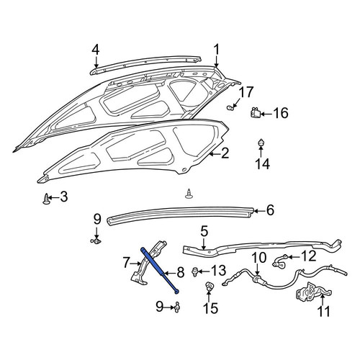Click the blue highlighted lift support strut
point(159,270)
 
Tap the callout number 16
point(281,113)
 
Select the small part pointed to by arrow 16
point(256,112)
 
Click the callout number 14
point(262,164)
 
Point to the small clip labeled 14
point(261,143)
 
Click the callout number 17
point(246,92)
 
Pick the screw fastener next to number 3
point(46,199)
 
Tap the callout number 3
point(63,197)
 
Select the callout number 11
point(324,311)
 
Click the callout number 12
point(309,256)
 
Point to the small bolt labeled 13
point(194,272)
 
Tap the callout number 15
point(211,308)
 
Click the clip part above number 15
point(208,287)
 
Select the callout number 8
point(180,272)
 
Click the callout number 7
point(127,262)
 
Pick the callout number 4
point(96,50)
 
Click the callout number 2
point(225,153)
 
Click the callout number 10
point(259,258)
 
